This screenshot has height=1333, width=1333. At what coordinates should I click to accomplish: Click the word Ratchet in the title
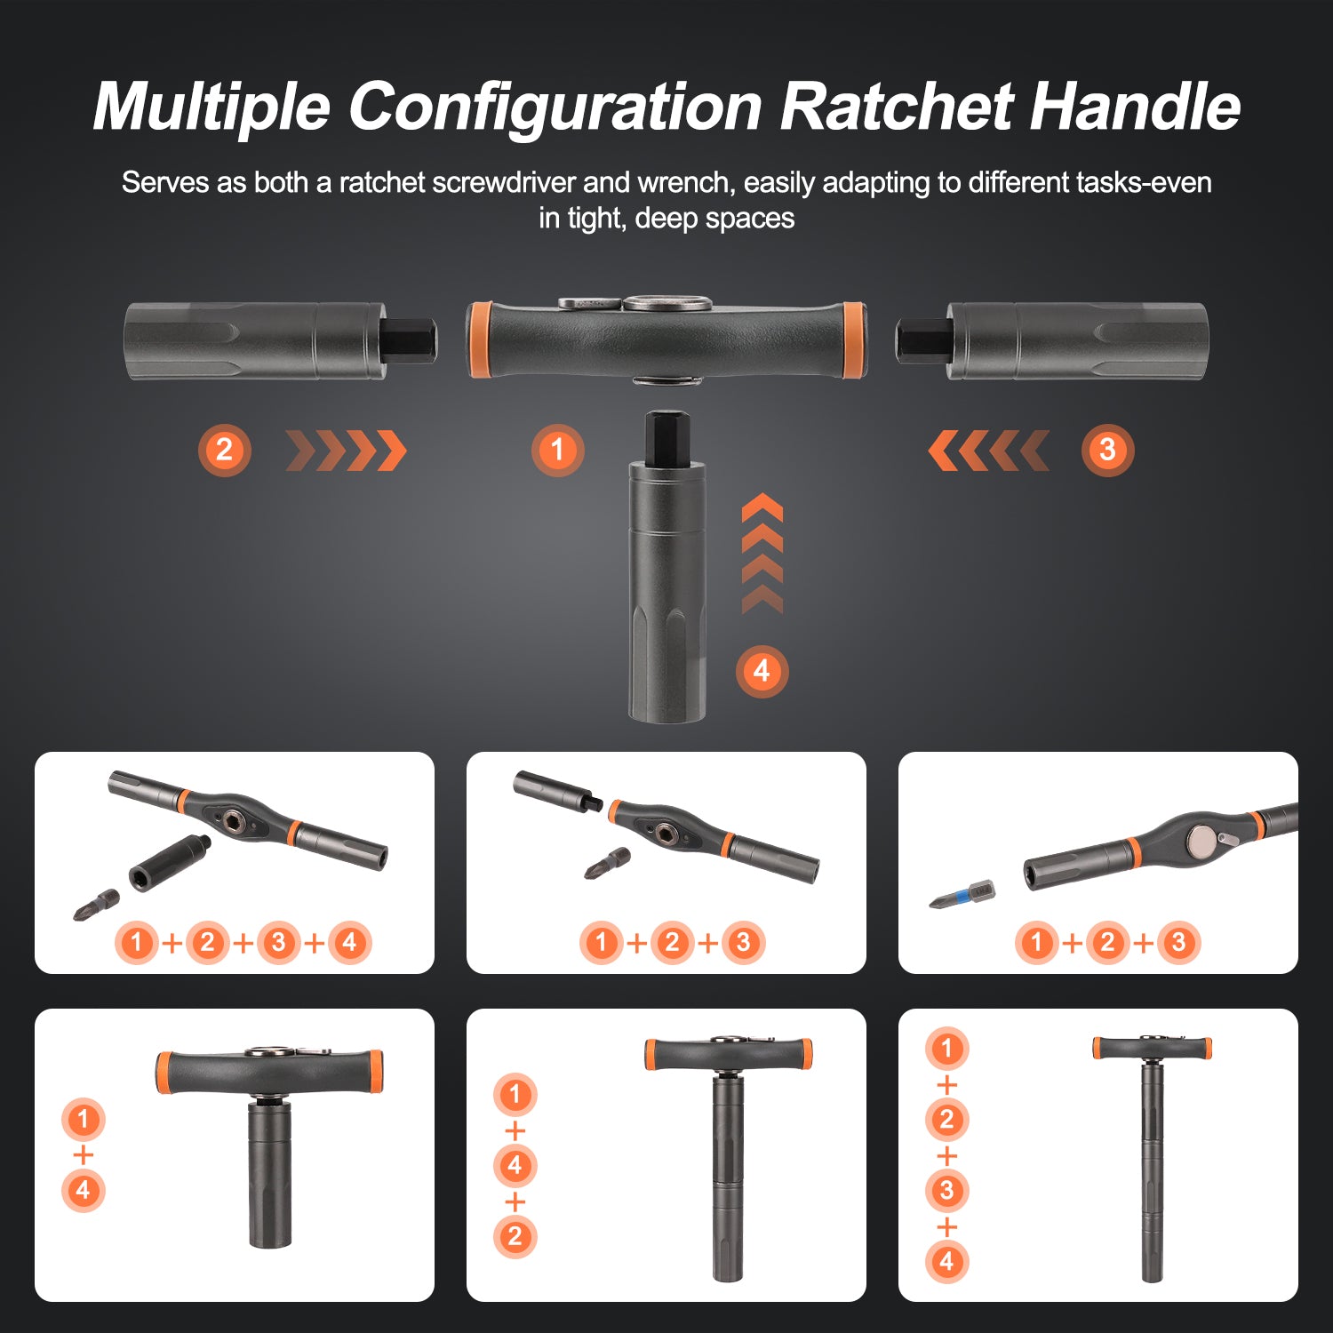coord(897,107)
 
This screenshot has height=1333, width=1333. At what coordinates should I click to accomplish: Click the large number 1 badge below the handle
coord(558,450)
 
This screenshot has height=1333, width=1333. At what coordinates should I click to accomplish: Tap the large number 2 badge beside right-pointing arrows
coord(224,451)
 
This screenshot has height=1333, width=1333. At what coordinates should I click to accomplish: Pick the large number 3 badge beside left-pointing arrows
coord(1107,451)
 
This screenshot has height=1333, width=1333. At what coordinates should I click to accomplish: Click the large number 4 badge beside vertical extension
coord(762,671)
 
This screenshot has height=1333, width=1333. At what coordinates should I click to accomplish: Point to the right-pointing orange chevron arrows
coord(347,451)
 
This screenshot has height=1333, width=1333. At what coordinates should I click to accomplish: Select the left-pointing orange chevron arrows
coord(988,451)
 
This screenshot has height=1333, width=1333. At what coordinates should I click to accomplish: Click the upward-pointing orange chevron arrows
coord(762,553)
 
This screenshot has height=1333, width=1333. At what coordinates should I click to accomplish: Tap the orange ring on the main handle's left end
coord(481,340)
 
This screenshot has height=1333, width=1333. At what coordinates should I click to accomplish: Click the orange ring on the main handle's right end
coord(852,340)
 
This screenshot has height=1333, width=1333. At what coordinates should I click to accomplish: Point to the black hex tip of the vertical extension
coord(667,436)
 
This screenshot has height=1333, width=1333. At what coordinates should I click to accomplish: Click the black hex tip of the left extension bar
coord(409,340)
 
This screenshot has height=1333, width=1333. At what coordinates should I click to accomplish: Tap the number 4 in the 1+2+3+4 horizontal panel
coord(349,942)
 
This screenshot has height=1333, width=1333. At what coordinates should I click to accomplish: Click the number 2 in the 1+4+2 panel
coord(515,1236)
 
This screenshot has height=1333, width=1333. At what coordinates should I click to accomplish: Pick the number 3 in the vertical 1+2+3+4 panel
coord(946,1191)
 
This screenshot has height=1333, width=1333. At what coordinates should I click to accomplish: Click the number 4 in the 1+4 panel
coord(84,1191)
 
